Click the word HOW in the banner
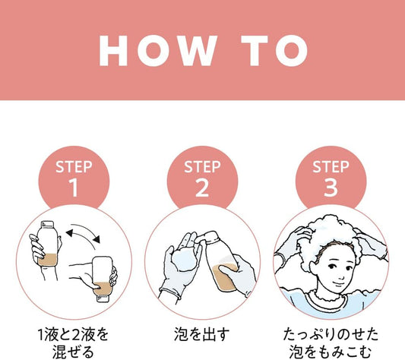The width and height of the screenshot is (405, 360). tap(158, 51)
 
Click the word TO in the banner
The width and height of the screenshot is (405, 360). tap(274, 51)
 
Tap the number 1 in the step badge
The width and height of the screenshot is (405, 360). tap(74, 188)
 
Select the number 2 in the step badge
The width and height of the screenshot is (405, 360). tap(202, 188)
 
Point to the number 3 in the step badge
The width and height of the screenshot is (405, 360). tap(331, 188)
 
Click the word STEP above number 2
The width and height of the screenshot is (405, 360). tap(202, 167)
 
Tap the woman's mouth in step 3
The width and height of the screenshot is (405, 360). tap(337, 283)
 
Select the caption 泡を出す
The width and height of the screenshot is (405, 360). tap(201, 334)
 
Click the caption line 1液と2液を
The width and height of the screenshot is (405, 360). tap(74, 334)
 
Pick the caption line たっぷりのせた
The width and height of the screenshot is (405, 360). tap(331, 334)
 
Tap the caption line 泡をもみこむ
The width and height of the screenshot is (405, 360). tap(331, 352)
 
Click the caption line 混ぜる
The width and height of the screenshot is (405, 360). tap(74, 352)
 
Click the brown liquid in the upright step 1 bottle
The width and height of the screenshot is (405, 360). tap(47, 260)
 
